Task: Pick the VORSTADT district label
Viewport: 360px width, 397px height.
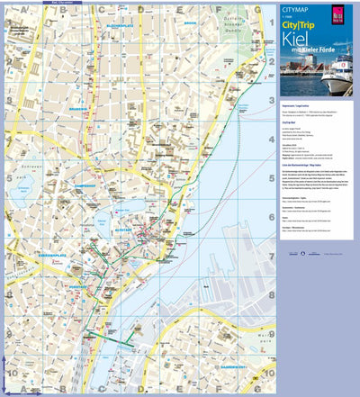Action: pos(92,263)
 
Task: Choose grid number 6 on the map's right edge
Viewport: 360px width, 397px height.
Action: pos(272,217)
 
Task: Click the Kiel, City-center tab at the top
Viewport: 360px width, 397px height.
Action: pos(27,3)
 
